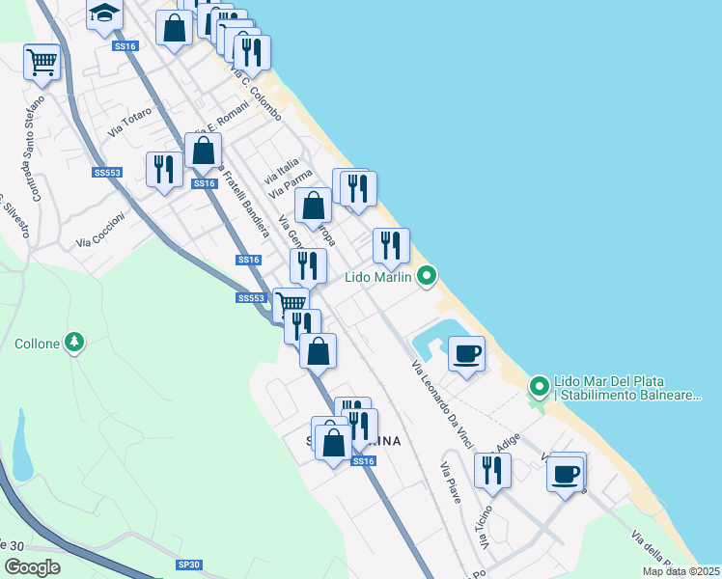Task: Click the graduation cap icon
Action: click(103, 14)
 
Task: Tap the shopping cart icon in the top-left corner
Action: click(42, 62)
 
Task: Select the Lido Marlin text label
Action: click(379, 278)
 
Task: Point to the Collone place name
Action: click(38, 343)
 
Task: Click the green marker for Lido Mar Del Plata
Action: click(540, 388)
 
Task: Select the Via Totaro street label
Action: click(130, 123)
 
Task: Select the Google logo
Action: click(32, 568)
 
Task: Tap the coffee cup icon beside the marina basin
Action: click(466, 353)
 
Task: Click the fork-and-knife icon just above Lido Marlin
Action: click(391, 245)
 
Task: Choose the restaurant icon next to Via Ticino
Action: click(493, 470)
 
